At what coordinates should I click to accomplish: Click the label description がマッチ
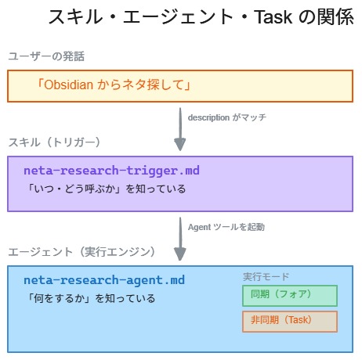tap(226, 117)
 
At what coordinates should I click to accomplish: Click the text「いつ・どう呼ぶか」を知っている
tap(105, 189)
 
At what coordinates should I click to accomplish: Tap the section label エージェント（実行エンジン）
tap(81, 252)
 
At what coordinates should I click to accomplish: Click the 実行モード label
tap(266, 277)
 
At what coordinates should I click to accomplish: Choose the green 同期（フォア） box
tap(289, 295)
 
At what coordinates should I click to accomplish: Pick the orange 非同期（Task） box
tap(289, 321)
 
